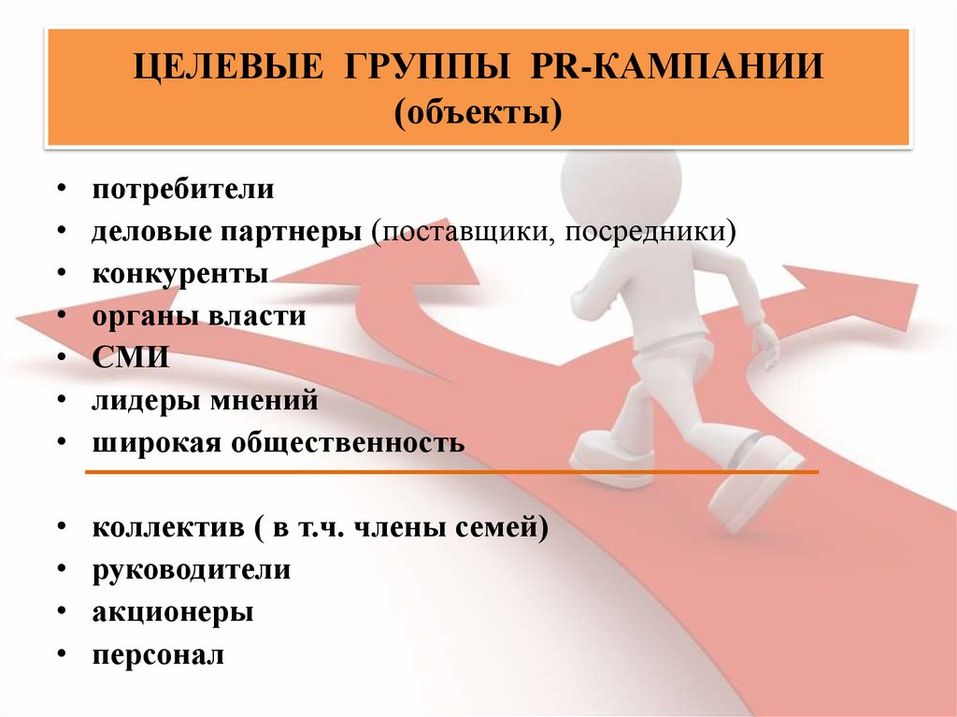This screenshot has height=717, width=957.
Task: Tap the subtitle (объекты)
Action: tap(478, 116)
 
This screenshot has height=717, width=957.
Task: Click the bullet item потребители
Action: tap(183, 189)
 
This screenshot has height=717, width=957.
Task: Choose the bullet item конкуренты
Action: tap(180, 274)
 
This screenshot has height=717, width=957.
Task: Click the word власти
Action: tap(259, 316)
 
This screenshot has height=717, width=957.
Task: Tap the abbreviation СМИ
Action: tap(131, 359)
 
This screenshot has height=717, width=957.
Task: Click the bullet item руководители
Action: tap(192, 569)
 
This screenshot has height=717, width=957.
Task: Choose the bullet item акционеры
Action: tap(173, 612)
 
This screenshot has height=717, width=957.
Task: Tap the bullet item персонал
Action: tap(159, 654)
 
